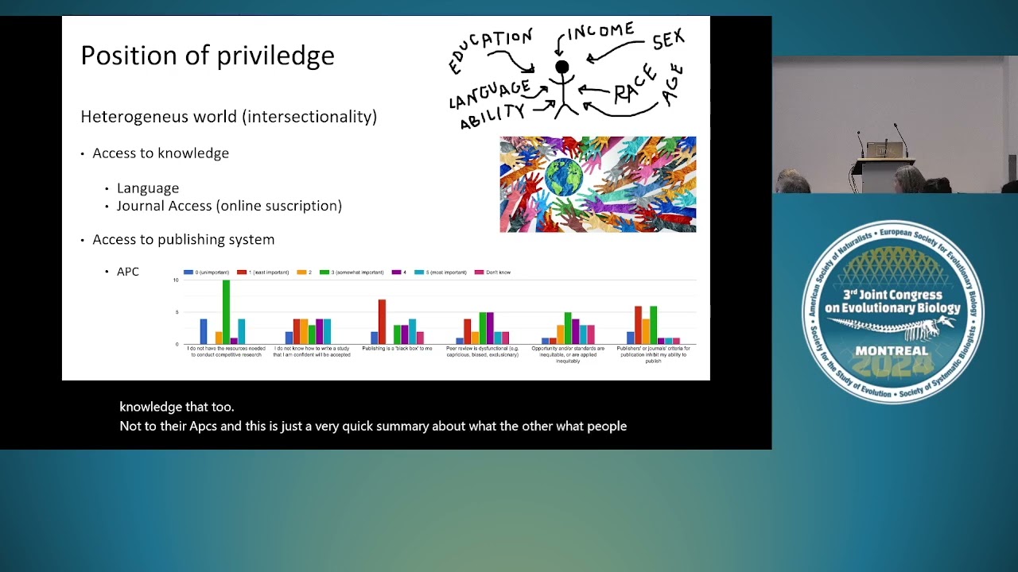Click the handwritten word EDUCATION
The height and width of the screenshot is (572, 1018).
click(x=490, y=49)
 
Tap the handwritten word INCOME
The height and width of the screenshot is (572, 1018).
click(x=600, y=33)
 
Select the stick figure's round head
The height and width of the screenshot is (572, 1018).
click(x=562, y=68)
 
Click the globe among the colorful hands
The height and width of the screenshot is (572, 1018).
click(x=564, y=177)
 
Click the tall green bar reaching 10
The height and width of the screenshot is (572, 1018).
click(x=227, y=311)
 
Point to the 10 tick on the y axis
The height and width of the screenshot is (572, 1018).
click(x=176, y=280)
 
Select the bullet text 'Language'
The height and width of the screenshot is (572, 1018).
click(x=148, y=188)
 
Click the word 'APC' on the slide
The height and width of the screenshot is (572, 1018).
click(x=128, y=272)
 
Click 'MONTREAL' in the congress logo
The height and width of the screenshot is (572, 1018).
click(x=892, y=351)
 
